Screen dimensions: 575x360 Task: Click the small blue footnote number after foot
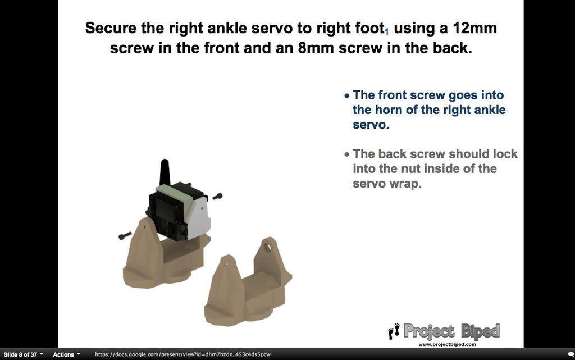coord(386,32)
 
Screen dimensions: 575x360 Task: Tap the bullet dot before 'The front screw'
coord(347,96)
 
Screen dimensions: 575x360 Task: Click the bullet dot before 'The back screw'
coord(347,154)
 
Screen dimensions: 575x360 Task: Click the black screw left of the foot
coord(125,235)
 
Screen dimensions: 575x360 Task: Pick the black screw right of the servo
coord(217,197)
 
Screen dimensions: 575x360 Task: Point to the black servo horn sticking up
coord(165,171)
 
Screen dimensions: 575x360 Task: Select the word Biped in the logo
coord(480,331)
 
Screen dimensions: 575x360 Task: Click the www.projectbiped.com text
coord(447,344)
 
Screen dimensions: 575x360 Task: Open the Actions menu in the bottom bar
coord(66,354)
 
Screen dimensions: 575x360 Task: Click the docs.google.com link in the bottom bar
coord(182,354)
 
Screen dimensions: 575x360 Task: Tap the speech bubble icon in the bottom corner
coord(571,354)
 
